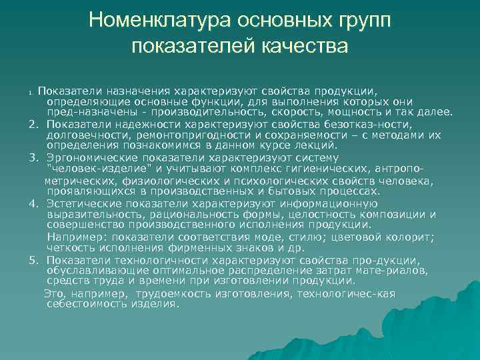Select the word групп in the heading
tap(360, 21)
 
